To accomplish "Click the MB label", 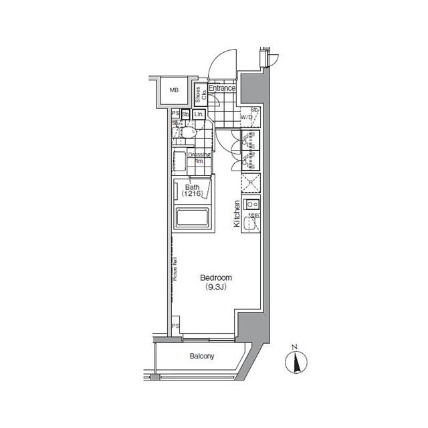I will point(174,90).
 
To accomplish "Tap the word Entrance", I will point(221,88).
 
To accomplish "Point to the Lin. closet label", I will point(199,114).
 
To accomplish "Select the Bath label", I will point(193,187).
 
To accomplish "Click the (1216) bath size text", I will point(193,194).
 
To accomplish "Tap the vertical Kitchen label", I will point(237,215).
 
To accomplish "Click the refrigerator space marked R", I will point(250,182).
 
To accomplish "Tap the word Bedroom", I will point(215,278).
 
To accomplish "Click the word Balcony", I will point(201,356).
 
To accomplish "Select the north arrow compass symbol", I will point(294,360).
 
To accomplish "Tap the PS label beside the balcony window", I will point(175,326).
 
